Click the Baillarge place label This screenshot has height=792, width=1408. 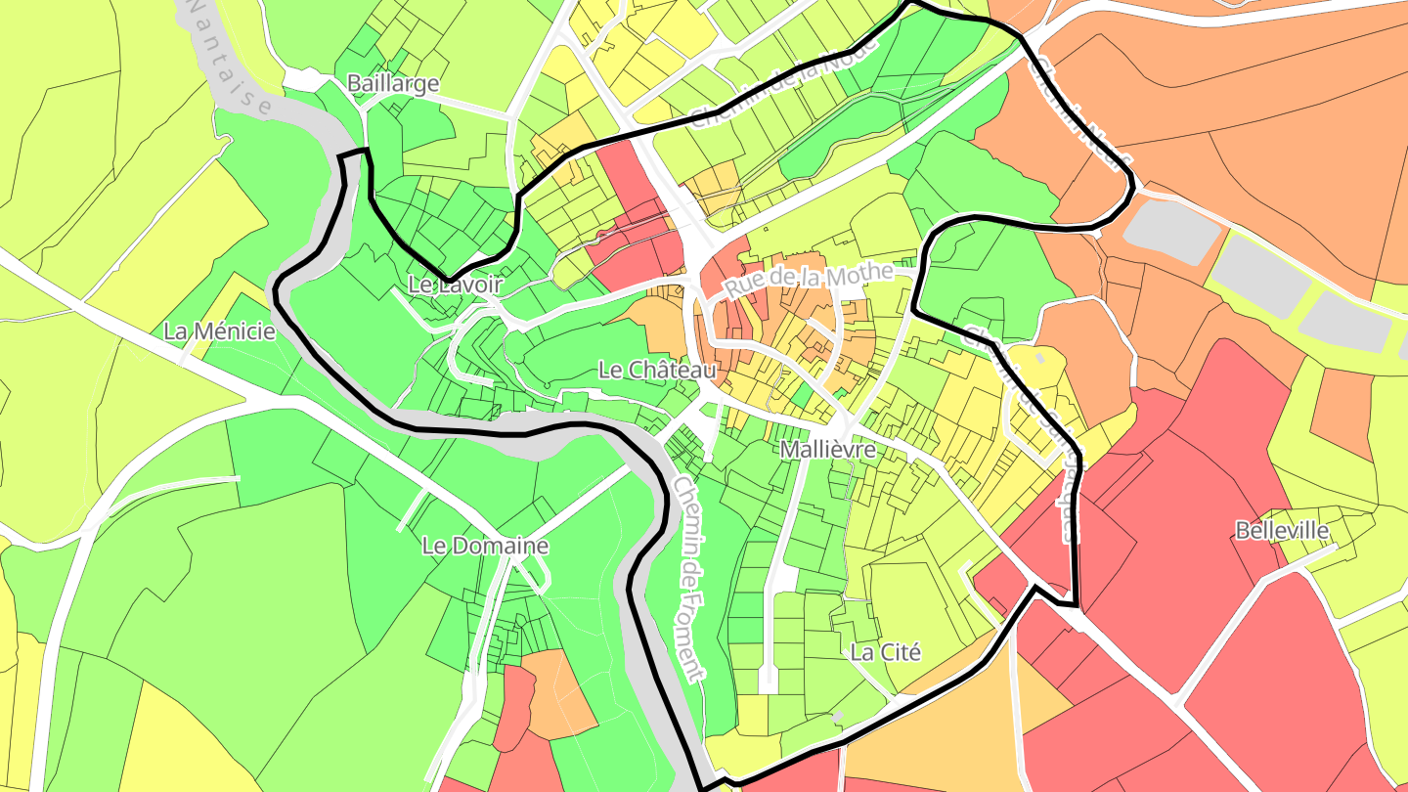(393, 84)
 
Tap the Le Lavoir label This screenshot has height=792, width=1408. (455, 286)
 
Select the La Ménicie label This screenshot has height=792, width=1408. (220, 331)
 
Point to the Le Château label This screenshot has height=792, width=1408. (657, 371)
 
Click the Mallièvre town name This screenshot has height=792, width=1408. (827, 450)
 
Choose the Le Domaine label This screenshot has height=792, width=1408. (485, 546)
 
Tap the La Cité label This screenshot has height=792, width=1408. (886, 652)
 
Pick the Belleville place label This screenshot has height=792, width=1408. (1282, 531)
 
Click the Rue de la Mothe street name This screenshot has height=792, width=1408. (809, 281)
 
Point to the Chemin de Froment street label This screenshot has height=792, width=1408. (687, 577)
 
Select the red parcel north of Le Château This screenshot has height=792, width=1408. (636, 225)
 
